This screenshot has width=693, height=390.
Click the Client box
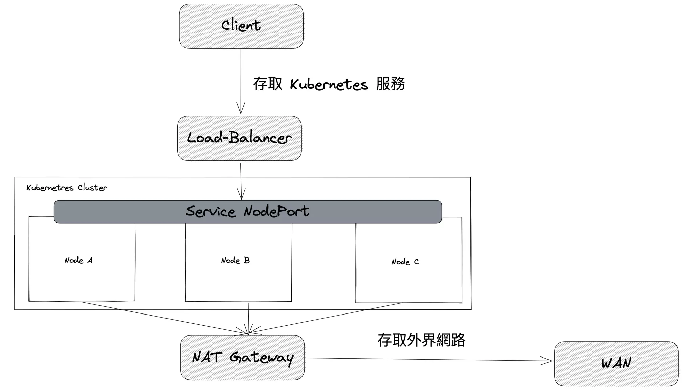(241, 26)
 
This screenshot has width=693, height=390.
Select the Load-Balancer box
(239, 138)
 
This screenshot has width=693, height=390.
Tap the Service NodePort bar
(247, 212)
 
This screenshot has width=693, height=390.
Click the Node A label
(79, 260)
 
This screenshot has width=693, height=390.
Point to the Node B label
(235, 260)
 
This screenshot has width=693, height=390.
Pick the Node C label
(405, 262)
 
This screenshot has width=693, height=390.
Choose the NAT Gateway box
(242, 357)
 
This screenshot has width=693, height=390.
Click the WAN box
(616, 363)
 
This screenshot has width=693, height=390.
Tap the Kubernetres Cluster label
(67, 188)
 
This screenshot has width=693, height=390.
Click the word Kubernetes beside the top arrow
(329, 85)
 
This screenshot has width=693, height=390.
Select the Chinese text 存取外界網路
(421, 340)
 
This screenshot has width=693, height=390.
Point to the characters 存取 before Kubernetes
(268, 84)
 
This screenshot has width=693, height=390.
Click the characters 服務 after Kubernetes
(390, 84)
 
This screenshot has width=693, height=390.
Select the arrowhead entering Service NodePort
(241, 195)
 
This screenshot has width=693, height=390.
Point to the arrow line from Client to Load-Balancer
(241, 74)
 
